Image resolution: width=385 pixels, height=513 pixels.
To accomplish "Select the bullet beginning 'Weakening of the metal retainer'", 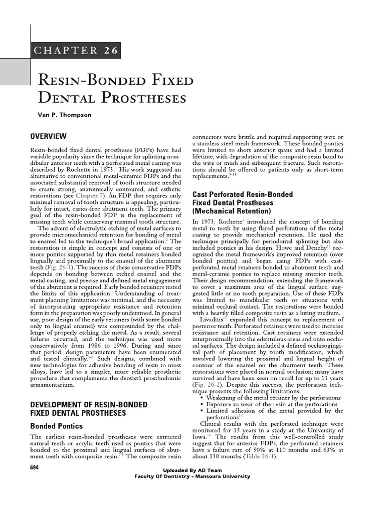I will pos(273,397).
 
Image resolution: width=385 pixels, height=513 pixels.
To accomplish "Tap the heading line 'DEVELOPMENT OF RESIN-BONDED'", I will pos(80,404).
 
